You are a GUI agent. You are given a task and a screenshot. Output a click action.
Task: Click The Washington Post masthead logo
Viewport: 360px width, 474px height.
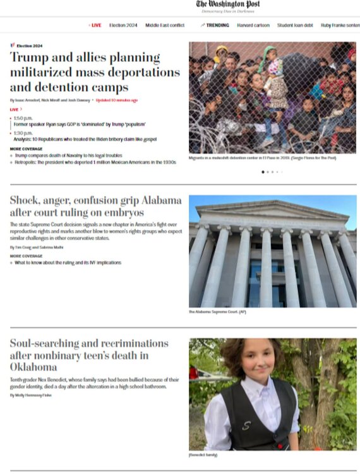tap(228, 4)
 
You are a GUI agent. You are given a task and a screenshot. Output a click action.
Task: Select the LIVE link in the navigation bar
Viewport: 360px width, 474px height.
tap(95, 25)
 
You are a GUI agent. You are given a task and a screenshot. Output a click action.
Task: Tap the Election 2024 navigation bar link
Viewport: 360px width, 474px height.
tap(123, 25)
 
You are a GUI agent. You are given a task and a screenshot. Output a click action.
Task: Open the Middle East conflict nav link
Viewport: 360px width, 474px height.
tap(165, 25)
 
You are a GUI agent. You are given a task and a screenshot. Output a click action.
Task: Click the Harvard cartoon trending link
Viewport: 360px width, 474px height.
tap(253, 25)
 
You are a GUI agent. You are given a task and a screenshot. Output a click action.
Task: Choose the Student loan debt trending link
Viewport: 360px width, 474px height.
tap(294, 25)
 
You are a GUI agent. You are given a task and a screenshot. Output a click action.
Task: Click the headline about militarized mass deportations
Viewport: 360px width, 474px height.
tap(85, 72)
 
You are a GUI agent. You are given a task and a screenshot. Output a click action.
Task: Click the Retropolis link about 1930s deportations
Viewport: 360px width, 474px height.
tap(95, 162)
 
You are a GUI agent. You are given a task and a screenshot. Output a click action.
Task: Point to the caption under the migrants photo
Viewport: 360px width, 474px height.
tap(262, 158)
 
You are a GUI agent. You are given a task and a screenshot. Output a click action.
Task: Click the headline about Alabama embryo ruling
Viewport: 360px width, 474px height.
tap(95, 206)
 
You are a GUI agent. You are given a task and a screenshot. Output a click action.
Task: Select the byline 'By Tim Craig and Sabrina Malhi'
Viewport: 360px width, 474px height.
tap(37, 247)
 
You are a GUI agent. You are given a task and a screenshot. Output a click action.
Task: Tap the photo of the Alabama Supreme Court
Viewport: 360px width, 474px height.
tap(272, 251)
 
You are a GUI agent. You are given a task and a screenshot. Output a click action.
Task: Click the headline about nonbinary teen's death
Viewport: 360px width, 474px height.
tap(88, 355)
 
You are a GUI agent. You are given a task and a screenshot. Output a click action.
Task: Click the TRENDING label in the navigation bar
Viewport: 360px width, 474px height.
tap(215, 25)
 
